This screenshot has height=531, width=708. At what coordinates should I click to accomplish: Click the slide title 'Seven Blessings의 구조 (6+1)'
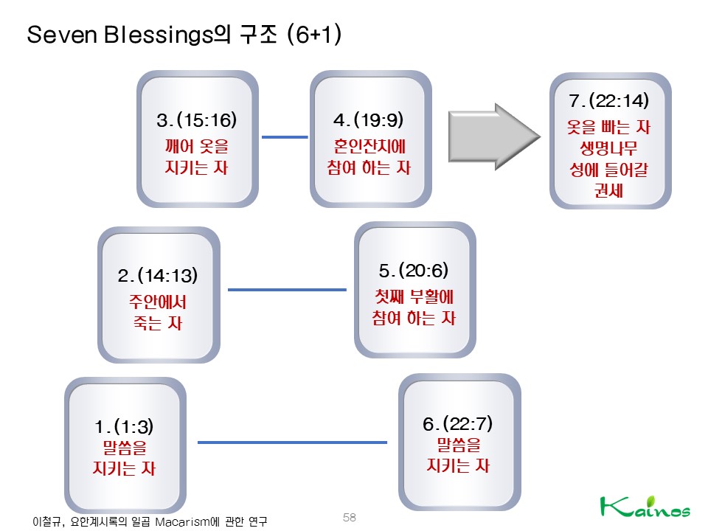184,35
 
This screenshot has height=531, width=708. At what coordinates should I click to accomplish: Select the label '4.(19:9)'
369,120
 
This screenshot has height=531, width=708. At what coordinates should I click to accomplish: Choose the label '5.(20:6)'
414,270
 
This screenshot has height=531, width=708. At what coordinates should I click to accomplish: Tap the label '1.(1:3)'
125,426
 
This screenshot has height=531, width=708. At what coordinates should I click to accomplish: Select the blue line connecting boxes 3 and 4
285,136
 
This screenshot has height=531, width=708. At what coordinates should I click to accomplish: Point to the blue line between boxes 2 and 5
287,290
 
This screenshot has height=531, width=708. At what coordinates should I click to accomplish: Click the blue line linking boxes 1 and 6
292,442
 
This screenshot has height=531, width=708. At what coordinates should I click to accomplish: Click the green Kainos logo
645,508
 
